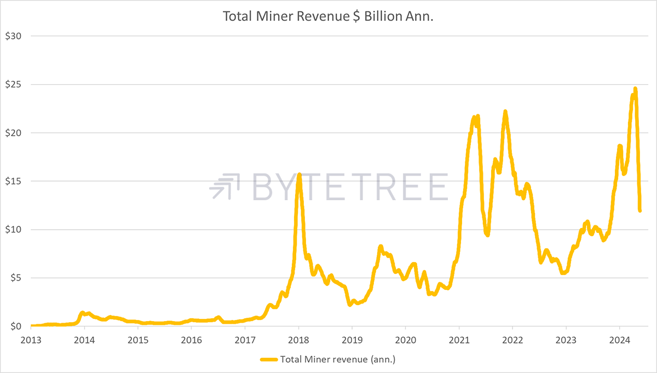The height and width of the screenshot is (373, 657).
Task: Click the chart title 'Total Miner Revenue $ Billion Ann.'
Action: tap(328, 16)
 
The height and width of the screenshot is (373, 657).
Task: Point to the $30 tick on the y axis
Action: tap(13, 36)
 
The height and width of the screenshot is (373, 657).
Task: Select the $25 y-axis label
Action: tap(13, 84)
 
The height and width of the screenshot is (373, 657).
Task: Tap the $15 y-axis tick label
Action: tap(13, 181)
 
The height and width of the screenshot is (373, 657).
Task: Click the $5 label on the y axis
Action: tap(16, 278)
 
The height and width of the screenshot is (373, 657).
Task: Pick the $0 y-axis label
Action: tap(16, 326)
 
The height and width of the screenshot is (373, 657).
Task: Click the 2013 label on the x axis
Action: tap(31, 340)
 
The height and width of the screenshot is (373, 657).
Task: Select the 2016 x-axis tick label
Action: tap(191, 340)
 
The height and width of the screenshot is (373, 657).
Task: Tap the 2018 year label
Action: tap(298, 340)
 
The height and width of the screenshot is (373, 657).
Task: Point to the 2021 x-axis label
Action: tap(459, 340)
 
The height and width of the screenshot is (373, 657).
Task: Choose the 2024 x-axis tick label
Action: tap(619, 340)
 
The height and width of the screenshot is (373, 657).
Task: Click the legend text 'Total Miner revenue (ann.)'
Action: tap(338, 359)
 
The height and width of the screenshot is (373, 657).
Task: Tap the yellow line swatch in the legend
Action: tap(269, 359)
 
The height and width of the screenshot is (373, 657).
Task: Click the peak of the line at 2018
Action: tap(299, 174)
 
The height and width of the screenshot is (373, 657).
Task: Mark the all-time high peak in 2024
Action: tap(635, 89)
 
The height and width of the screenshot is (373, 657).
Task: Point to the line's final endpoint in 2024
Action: tap(640, 211)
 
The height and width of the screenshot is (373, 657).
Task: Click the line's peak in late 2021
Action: tap(505, 112)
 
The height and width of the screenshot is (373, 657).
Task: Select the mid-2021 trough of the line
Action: tap(487, 235)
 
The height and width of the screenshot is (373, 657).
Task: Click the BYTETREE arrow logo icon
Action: tap(224, 186)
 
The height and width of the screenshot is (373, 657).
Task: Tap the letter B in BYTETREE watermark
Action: tap(262, 186)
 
